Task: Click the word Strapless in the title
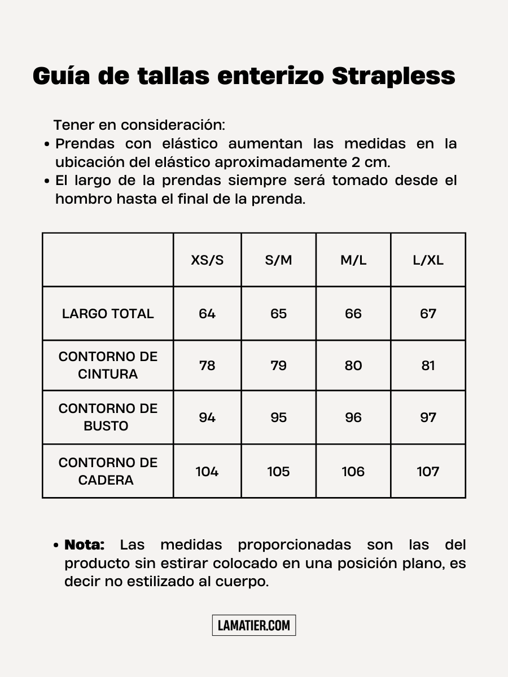tap(393, 77)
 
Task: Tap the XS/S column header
tap(207, 260)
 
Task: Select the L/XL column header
tap(428, 260)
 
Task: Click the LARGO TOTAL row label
tap(108, 314)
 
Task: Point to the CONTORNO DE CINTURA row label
tap(108, 365)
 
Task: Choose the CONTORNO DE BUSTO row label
tap(108, 417)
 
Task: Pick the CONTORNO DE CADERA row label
tap(108, 471)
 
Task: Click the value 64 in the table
tap(207, 314)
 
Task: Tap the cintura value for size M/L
tap(353, 366)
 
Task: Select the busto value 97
tap(428, 417)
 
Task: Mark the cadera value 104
tap(207, 472)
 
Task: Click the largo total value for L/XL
tap(428, 314)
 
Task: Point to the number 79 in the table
tap(278, 366)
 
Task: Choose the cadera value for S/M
tap(278, 472)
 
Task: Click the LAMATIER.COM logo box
tap(254, 625)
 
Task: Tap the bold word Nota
tap(85, 545)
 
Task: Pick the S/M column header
tap(278, 260)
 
